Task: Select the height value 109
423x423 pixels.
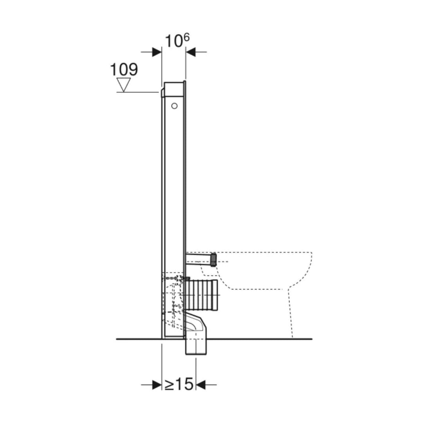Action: (124, 70)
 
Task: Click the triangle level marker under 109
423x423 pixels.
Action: (124, 84)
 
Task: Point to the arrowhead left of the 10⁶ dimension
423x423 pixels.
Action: (157, 52)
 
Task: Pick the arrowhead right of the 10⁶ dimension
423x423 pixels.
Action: (191, 52)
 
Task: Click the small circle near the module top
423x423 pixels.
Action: (174, 105)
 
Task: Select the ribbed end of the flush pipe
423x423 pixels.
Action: (213, 259)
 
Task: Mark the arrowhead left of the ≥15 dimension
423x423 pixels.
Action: (157, 385)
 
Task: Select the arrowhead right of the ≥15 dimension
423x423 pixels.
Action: (201, 385)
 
